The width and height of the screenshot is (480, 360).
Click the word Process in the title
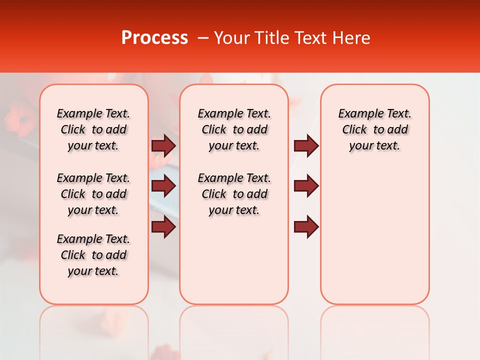click(x=154, y=38)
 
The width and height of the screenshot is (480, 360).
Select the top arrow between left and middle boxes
click(x=163, y=145)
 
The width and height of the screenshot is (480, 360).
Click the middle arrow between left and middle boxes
click(x=163, y=186)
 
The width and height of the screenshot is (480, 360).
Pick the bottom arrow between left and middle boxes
click(x=163, y=227)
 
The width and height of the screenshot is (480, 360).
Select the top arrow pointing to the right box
click(x=306, y=145)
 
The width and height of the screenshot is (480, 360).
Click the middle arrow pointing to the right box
click(x=306, y=186)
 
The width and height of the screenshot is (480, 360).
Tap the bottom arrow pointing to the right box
click(x=306, y=227)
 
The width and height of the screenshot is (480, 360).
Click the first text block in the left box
click(x=93, y=129)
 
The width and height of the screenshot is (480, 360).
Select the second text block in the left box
click(x=93, y=194)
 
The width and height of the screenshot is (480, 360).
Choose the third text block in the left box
click(x=93, y=255)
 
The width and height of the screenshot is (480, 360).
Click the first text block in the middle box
click(x=234, y=129)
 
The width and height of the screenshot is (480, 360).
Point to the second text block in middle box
click(x=234, y=194)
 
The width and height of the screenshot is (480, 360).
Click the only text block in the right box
click(x=375, y=129)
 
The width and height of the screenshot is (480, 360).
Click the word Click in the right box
click(x=354, y=130)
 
